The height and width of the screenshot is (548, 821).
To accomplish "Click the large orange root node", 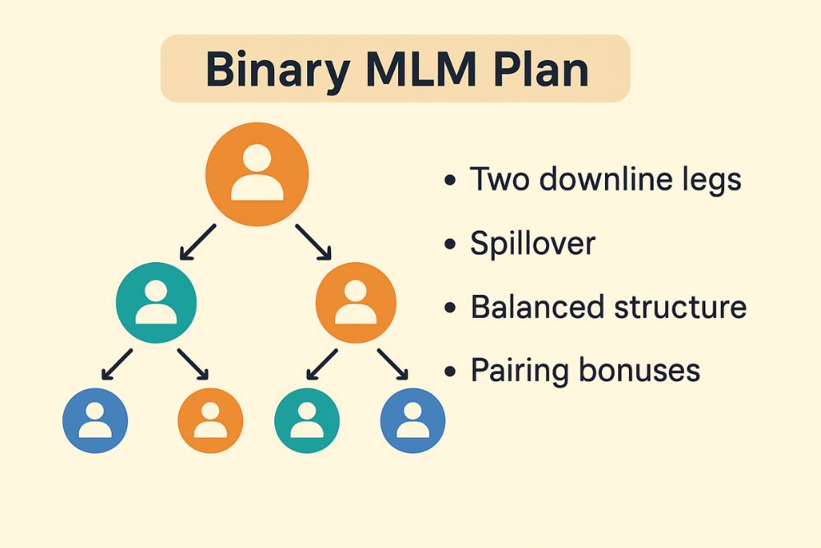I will coord(257,174).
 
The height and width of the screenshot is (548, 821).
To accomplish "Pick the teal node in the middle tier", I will coord(156,302).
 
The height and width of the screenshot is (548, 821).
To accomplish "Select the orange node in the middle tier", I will coord(355,302).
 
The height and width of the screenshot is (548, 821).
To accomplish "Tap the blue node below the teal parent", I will coord(95,421).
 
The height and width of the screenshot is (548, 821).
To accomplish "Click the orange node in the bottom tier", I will coord(210,421).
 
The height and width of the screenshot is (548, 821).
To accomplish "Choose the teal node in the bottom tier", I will coord(307,421).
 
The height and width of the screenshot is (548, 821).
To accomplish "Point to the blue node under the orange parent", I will coord(413,421).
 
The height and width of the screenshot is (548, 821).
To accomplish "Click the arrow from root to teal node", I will coord(197,242).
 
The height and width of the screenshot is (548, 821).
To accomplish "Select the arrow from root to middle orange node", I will coord(314,242).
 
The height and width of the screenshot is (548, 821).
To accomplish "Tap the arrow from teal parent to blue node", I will coord(118,364).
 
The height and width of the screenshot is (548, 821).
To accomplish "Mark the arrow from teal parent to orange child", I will coord(194,364).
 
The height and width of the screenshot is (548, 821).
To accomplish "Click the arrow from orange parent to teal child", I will coord(321,364).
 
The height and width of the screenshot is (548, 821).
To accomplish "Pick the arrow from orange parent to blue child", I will coord(392,364).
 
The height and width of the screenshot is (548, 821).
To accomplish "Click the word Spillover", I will coord(532,244).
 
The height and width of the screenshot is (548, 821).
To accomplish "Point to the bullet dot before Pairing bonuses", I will coord(449,372).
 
